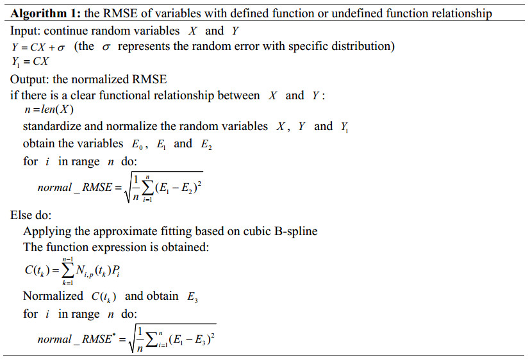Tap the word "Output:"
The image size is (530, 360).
(31, 79)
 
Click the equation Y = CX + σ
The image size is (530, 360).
(38, 47)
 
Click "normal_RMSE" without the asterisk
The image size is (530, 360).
(74, 188)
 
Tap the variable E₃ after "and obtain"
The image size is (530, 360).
(191, 297)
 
